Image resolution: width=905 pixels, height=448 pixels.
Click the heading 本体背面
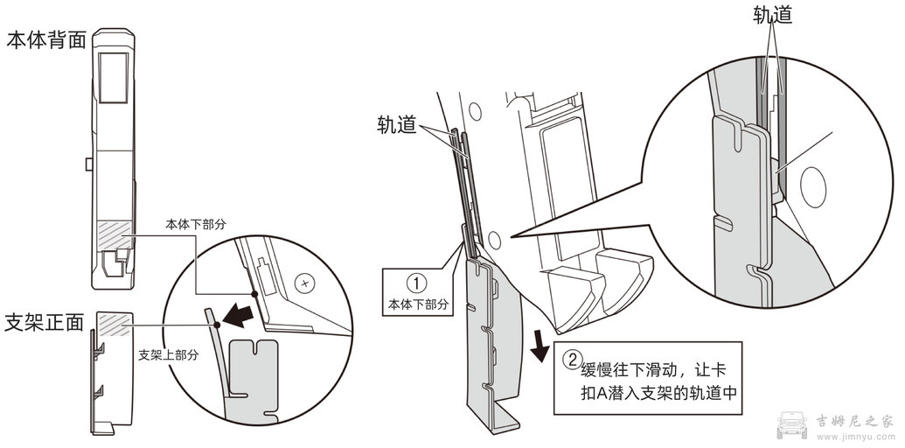(44, 40)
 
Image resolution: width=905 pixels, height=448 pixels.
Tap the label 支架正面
(44, 321)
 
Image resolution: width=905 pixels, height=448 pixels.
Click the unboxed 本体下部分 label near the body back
(196, 224)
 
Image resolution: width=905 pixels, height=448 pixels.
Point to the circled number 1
(418, 284)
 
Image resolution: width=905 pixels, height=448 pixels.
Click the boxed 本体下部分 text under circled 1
(418, 304)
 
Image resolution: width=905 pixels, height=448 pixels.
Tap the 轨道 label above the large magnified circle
(772, 15)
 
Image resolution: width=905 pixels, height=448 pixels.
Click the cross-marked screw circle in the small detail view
(305, 283)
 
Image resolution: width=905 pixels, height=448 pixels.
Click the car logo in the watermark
(793, 423)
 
